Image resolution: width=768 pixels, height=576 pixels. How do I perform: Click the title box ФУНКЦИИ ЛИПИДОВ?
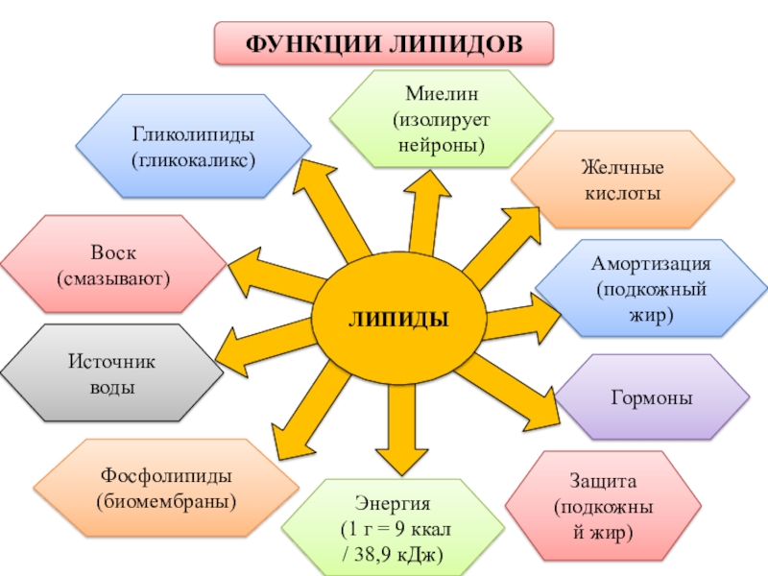pos(384,44)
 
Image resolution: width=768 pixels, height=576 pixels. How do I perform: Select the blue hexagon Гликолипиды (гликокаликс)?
pos(194,146)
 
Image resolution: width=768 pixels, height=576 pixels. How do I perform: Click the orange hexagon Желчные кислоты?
pos(623,180)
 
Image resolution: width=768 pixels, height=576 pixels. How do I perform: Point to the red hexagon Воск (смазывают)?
pos(113,266)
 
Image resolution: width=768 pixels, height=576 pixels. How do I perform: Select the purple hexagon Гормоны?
pos(653,397)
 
